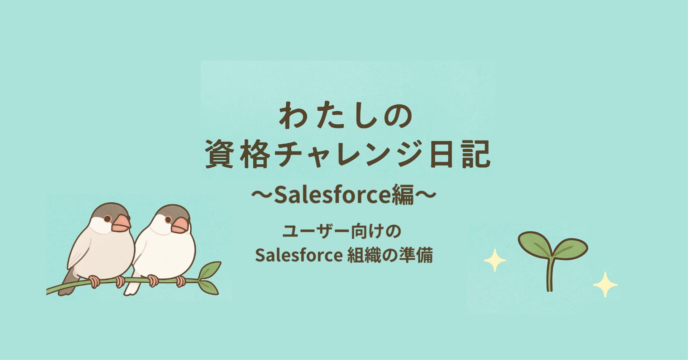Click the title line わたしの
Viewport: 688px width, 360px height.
point(346,116)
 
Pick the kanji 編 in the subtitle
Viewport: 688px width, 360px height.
point(402,195)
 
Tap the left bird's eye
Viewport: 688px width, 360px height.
point(107,219)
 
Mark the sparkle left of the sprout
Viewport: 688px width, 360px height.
point(495,260)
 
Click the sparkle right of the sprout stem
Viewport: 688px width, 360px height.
point(605,285)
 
